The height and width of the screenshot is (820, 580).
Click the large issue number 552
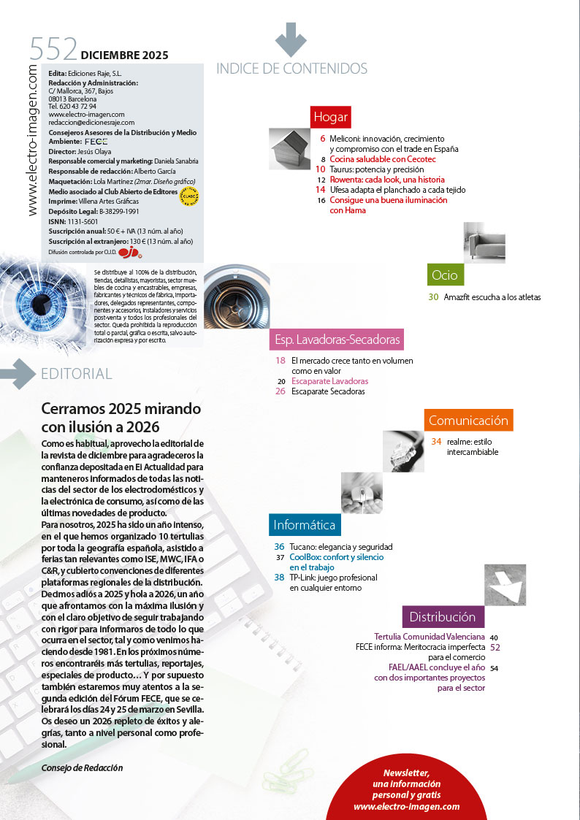click(x=53, y=50)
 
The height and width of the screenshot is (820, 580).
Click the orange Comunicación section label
click(x=468, y=420)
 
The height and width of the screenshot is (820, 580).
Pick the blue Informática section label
click(x=305, y=524)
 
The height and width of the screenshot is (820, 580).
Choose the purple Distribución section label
click(x=442, y=616)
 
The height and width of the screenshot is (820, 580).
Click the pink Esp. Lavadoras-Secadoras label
click(x=337, y=340)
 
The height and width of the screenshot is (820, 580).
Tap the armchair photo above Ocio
click(x=484, y=242)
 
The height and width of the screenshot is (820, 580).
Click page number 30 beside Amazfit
click(x=433, y=297)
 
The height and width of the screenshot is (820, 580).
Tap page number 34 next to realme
click(x=437, y=441)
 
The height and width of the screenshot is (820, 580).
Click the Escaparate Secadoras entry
click(x=328, y=391)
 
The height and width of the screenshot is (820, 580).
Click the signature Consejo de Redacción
click(x=83, y=767)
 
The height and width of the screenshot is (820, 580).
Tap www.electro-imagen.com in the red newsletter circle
click(x=406, y=806)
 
